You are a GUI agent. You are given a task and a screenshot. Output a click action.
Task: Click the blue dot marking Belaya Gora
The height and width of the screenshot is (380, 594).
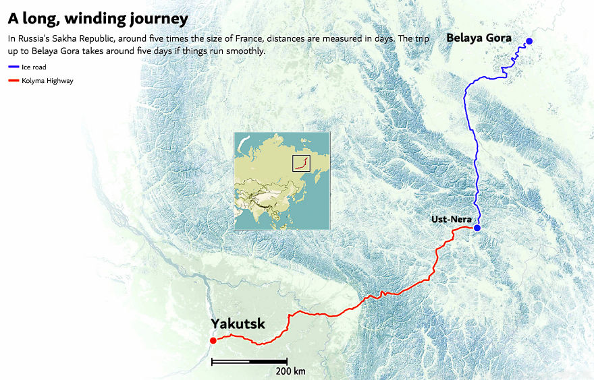coord(529,42)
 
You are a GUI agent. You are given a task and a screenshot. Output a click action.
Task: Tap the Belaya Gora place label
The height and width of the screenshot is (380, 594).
coord(479,38)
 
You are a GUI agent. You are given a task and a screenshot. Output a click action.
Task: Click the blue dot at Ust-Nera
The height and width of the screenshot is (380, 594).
coord(477,228)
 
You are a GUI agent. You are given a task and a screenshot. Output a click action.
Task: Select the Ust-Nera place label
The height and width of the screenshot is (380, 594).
coord(450,219)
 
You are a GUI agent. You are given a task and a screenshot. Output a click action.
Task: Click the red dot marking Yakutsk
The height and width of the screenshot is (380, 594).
coord(213,341)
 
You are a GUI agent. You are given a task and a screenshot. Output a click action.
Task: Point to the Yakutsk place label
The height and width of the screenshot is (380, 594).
coord(238,324)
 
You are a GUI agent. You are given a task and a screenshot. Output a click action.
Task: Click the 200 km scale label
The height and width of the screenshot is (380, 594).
coord(290,371)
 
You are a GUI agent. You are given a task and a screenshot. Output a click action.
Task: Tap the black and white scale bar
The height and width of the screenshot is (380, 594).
coord(249,362)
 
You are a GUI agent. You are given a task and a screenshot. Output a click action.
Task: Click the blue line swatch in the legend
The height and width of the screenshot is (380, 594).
coord(13,67)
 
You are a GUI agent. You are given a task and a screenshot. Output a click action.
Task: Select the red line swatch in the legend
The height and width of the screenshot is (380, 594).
coord(13,81)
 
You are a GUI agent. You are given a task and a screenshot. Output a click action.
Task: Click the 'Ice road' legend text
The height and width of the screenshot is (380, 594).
coord(34,67)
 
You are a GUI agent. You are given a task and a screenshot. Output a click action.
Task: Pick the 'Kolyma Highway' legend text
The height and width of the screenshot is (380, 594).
coord(47,81)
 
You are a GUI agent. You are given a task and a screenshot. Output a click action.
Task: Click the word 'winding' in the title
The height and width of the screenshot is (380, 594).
coord(99,18)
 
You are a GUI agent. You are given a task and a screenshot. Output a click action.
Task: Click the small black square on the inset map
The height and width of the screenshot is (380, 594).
coord(301,163)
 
